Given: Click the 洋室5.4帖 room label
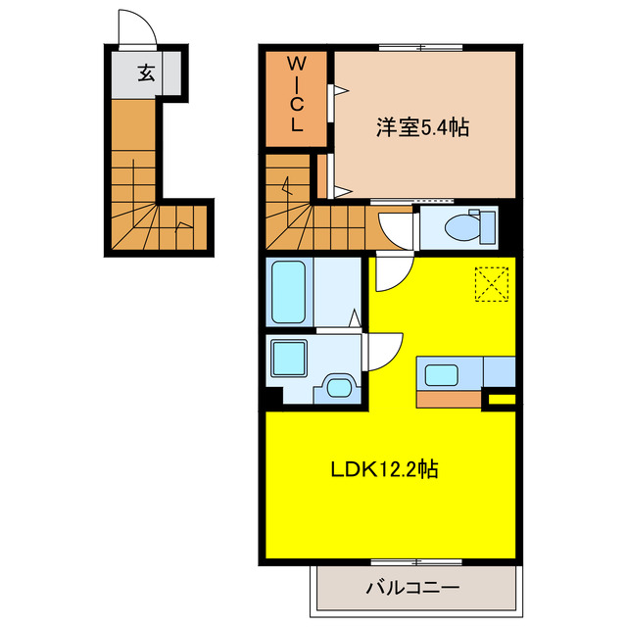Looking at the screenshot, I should (422, 127).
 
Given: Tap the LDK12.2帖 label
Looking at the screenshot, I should (382, 469).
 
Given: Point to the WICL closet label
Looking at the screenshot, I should (298, 94).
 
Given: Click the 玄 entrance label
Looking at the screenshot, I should (146, 72).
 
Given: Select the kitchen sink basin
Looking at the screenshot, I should (439, 373).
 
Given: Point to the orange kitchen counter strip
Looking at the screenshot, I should (450, 399).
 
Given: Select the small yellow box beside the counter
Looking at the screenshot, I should (503, 399).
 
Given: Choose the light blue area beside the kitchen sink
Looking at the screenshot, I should (499, 372).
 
